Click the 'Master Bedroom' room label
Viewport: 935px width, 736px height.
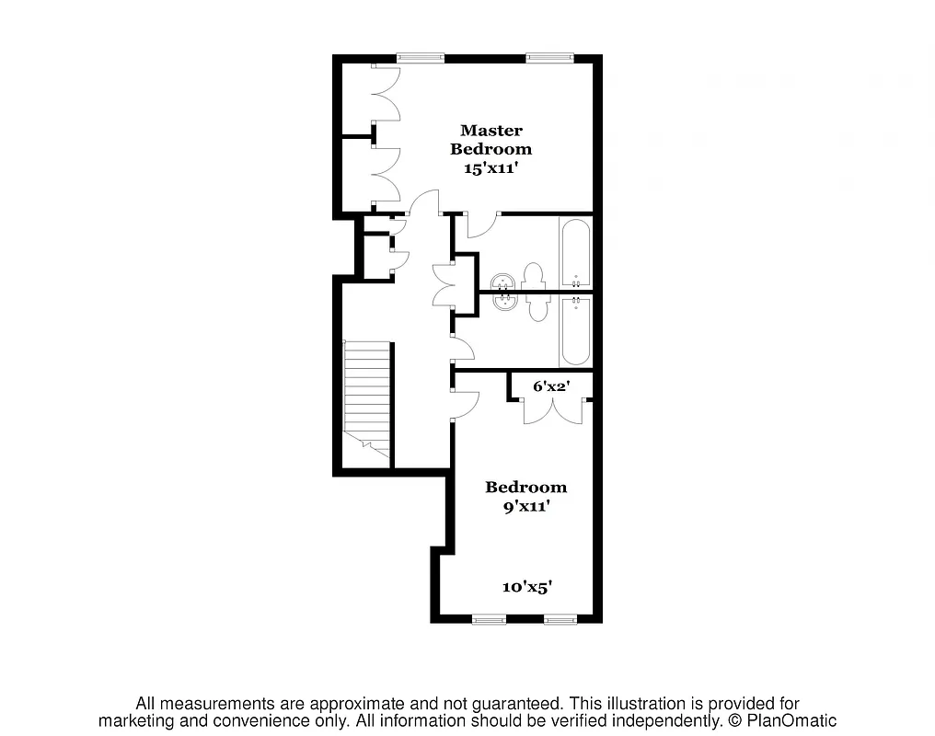491,139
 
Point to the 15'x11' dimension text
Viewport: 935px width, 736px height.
491,168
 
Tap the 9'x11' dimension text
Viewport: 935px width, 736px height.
525,505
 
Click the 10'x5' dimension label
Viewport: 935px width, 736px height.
526,586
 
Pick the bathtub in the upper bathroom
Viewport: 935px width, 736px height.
576,253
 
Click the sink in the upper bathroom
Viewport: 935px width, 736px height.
502,282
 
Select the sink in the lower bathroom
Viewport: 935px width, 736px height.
502,301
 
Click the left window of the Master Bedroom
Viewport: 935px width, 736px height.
420,58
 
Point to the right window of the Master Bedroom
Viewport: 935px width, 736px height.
548,58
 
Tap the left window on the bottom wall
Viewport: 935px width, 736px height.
489,619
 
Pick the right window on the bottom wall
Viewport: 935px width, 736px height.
560,619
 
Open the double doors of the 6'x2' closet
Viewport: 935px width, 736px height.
552,410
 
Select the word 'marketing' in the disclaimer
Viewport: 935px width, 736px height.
143,720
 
